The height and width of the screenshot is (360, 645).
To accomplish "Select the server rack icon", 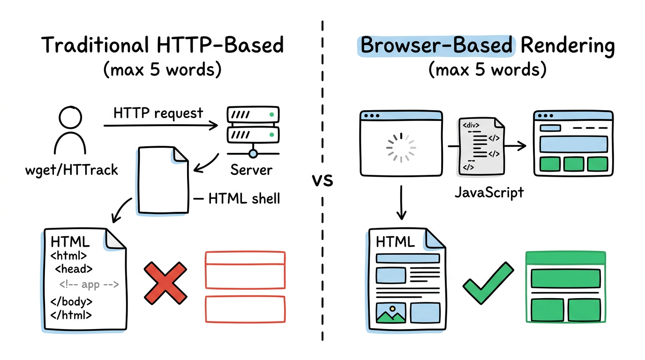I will click(253, 131).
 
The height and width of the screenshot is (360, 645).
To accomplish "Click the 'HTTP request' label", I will click(158, 113).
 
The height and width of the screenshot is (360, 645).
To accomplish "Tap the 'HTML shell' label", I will click(244, 198).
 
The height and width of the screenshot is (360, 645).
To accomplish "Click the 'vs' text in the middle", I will click(322, 180).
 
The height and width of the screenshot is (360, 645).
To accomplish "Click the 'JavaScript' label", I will click(489, 192).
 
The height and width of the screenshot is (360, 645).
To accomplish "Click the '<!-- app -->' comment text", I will click(89, 284).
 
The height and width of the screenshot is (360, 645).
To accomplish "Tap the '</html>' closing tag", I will click(71, 315).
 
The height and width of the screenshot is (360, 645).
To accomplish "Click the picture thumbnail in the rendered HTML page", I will click(391, 313).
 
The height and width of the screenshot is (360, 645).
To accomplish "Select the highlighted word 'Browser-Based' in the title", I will click(436, 46).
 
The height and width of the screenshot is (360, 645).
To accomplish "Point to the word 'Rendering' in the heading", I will click(567, 46).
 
